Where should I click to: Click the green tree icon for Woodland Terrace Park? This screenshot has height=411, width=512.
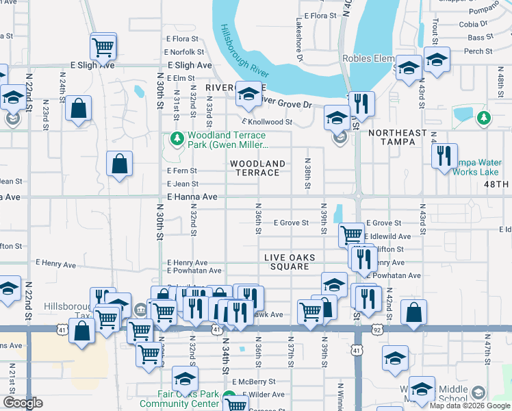(177, 138)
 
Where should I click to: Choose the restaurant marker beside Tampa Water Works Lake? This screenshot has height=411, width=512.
(445, 155)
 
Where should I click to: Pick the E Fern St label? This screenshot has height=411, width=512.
(182, 171)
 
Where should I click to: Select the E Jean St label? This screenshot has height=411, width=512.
(182, 184)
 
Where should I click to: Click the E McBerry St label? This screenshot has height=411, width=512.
(254, 382)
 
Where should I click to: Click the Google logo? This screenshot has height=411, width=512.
(23, 403)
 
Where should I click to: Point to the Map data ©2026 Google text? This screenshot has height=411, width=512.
(471, 406)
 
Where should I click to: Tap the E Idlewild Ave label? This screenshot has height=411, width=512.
(389, 236)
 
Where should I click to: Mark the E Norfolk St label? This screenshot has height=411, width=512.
(183, 52)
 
